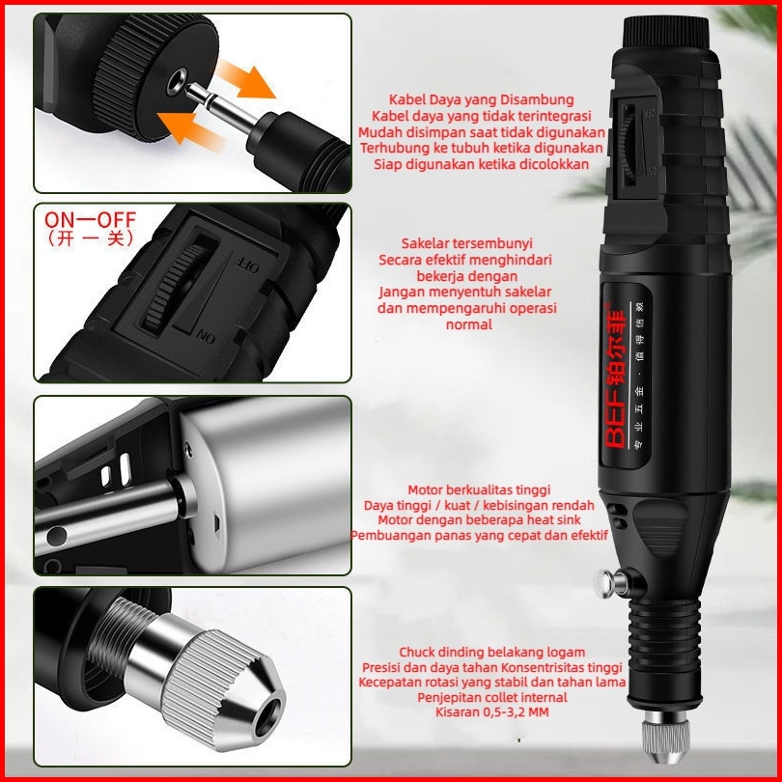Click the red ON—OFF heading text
click(90, 219)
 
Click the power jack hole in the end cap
click(177, 80)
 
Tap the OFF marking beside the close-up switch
click(246, 265)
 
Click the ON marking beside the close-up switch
click(206, 336)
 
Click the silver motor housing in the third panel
click(269, 487)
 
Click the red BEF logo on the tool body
click(614, 379)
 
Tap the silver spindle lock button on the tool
click(609, 583)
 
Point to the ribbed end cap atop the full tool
click(666, 32)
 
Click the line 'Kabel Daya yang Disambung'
click(482, 99)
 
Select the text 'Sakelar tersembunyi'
click(467, 243)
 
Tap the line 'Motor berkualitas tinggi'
click(479, 489)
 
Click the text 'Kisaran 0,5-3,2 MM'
click(492, 712)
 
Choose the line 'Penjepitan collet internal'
click(492, 697)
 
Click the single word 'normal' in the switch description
click(469, 324)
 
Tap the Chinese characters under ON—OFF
click(90, 238)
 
